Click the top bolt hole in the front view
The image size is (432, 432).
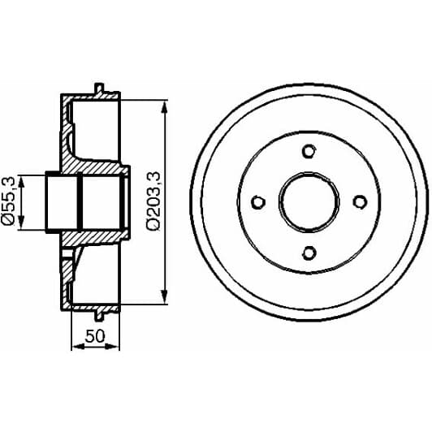pyautogui.click(x=308, y=150)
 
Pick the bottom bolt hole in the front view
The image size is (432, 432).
pyautogui.click(x=308, y=252)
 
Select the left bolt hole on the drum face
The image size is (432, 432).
pyautogui.click(x=257, y=201)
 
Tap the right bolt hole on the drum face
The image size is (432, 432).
pyautogui.click(x=359, y=201)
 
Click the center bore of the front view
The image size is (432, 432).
pyautogui.click(x=308, y=201)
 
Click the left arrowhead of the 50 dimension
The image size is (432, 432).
pyautogui.click(x=76, y=346)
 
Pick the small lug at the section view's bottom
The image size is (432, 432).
pyautogui.click(x=99, y=316)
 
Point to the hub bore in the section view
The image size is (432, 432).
pyautogui.click(x=81, y=201)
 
